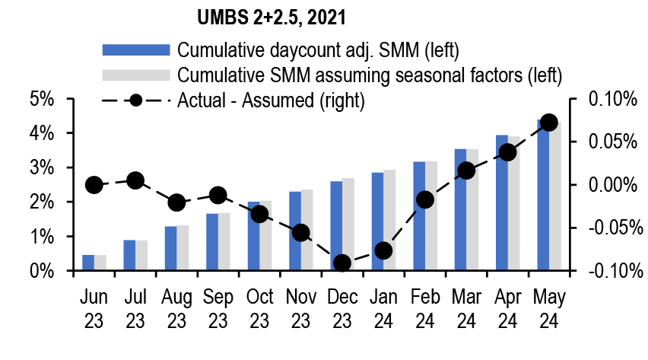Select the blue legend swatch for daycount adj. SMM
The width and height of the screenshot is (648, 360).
click(x=135, y=50)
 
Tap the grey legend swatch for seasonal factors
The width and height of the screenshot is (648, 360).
click(x=135, y=75)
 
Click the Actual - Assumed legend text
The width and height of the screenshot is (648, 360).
click(x=271, y=100)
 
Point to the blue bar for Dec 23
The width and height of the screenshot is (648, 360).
click(x=335, y=226)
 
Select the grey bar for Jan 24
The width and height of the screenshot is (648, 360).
click(x=389, y=221)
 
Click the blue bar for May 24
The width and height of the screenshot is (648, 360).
click(x=543, y=195)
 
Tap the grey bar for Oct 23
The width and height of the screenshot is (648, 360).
click(x=265, y=236)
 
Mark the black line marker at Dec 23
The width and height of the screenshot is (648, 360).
click(x=342, y=263)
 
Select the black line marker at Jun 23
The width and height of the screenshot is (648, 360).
click(x=94, y=185)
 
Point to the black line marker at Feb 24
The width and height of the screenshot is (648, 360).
click(x=425, y=199)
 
